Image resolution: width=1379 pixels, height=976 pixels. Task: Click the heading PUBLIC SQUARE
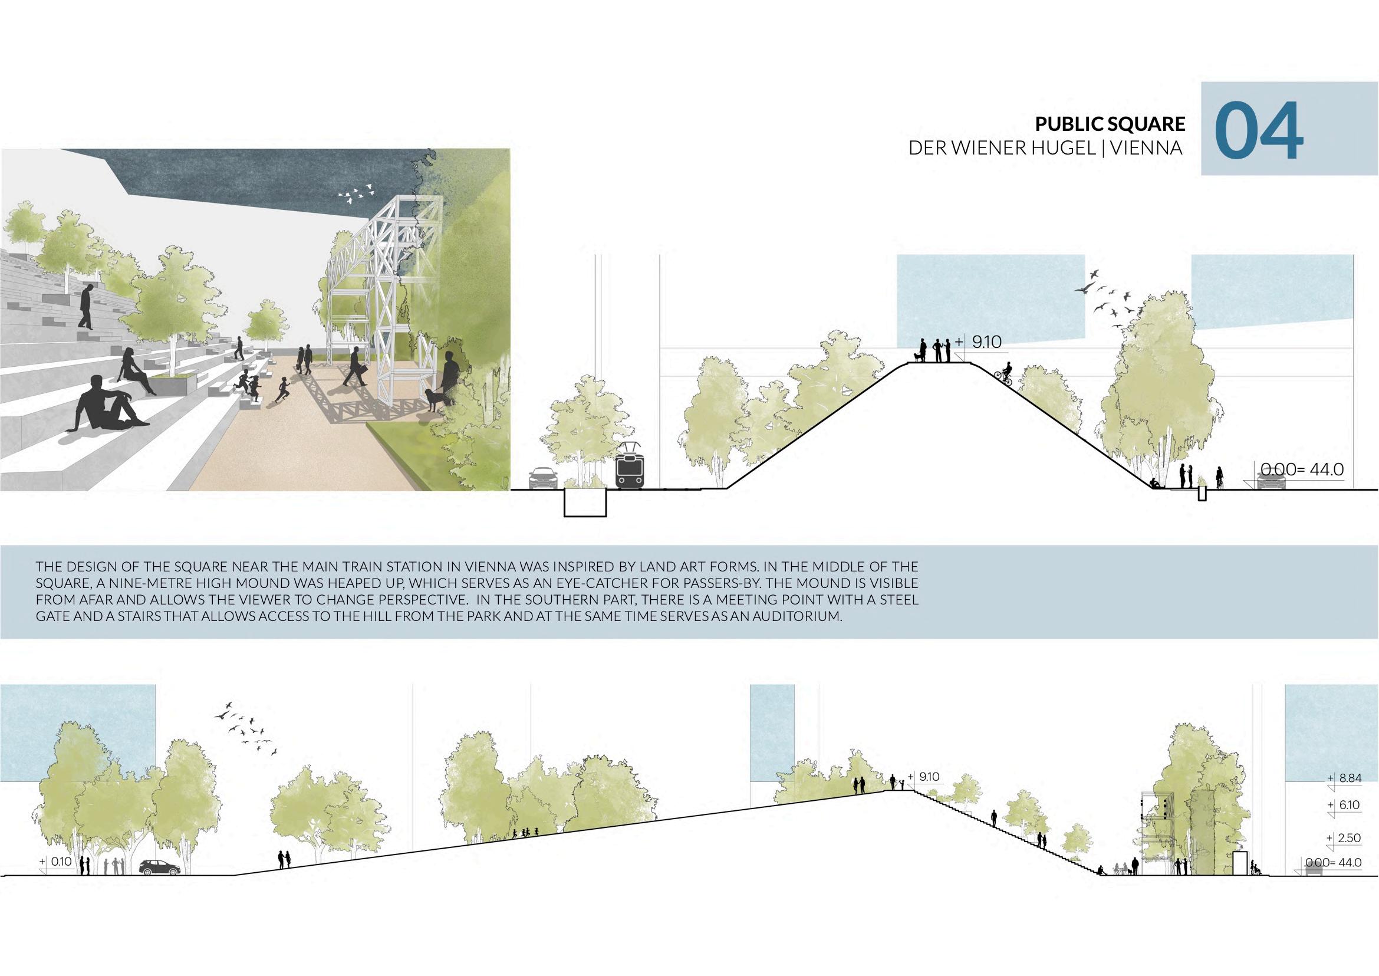point(1109,124)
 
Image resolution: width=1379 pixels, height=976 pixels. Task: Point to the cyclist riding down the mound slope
point(1004,374)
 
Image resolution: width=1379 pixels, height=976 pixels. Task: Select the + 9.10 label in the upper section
point(979,342)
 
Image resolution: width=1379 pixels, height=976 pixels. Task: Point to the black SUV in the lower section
point(159,868)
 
